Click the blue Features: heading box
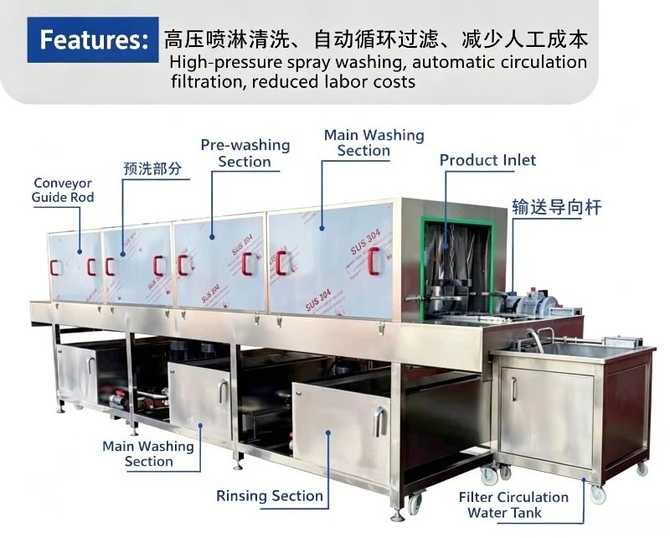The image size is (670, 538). (x=93, y=39)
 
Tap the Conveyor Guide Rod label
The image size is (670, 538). (x=63, y=190)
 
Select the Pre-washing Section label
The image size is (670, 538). (x=245, y=153)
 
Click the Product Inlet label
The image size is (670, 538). (x=487, y=160)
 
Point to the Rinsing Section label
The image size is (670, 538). (x=270, y=495)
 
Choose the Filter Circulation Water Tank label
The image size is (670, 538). (x=513, y=504)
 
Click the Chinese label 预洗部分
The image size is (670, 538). (x=152, y=168)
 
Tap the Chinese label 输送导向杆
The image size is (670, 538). (x=557, y=208)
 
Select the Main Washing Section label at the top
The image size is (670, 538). (x=374, y=142)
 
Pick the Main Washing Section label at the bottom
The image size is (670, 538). (x=148, y=453)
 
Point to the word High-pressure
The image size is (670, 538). (x=225, y=63)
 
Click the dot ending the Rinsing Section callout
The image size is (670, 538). (x=328, y=432)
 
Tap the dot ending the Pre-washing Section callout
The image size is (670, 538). (x=212, y=236)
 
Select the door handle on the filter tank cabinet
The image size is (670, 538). (x=514, y=389)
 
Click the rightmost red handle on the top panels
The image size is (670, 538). (x=374, y=261)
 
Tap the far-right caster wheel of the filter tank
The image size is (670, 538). (x=642, y=469)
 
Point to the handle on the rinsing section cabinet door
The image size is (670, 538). (x=379, y=422)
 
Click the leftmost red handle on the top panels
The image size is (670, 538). (x=54, y=267)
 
